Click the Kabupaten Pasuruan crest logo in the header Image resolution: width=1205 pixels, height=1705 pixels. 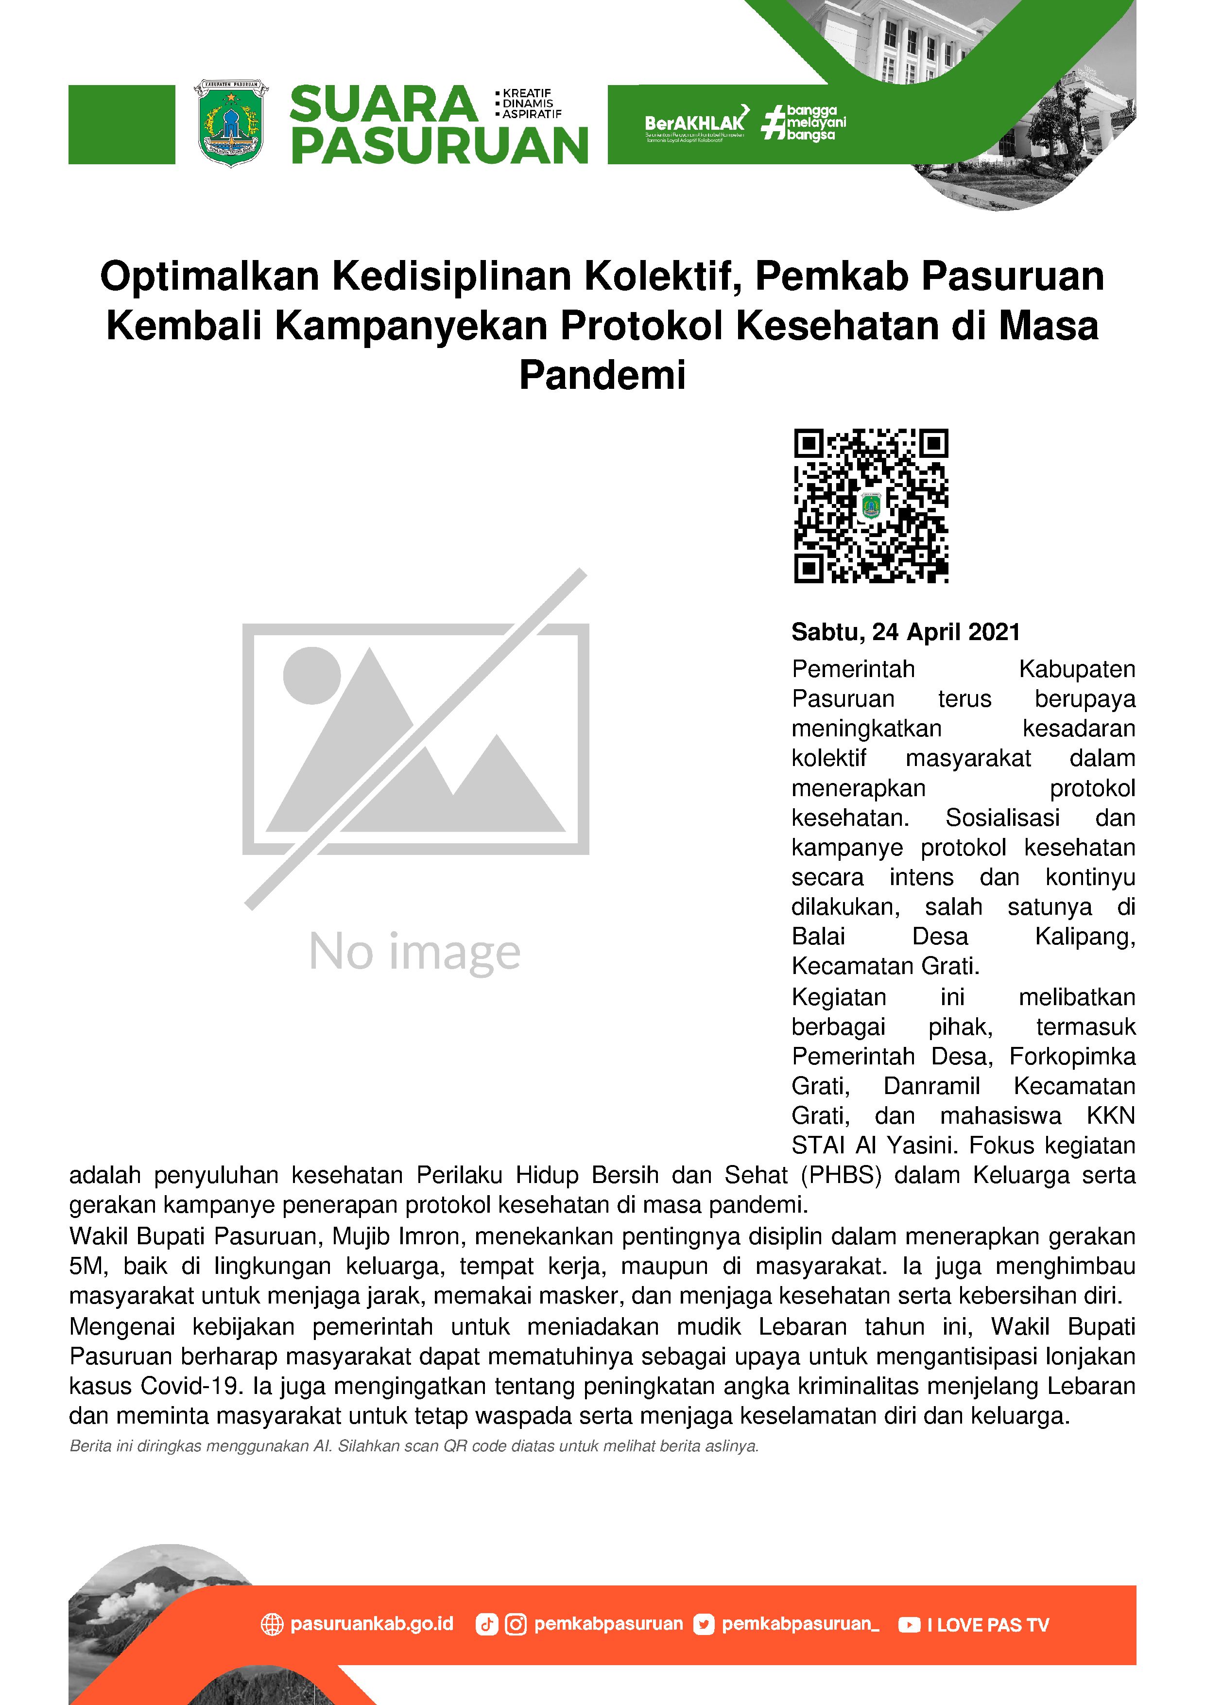pos(231,123)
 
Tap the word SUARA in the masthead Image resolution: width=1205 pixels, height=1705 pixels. pos(383,104)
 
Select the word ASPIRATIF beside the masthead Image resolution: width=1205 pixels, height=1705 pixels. pos(532,114)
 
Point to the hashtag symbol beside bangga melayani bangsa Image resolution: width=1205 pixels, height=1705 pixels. pos(774,122)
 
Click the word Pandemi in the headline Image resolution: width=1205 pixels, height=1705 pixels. pos(602,375)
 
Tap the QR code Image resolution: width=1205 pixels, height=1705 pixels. pos(871,505)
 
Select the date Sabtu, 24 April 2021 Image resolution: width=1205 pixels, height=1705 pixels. pos(905,632)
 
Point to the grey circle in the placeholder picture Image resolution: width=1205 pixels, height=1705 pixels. pos(312,676)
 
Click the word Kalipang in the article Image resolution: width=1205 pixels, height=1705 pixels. pos(1084,937)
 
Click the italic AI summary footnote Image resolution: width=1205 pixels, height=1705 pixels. pos(413,1446)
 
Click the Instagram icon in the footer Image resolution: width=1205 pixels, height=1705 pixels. pos(515,1625)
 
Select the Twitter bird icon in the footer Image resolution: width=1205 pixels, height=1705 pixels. pos(703,1625)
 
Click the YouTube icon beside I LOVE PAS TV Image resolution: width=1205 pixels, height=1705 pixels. pos(909,1625)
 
